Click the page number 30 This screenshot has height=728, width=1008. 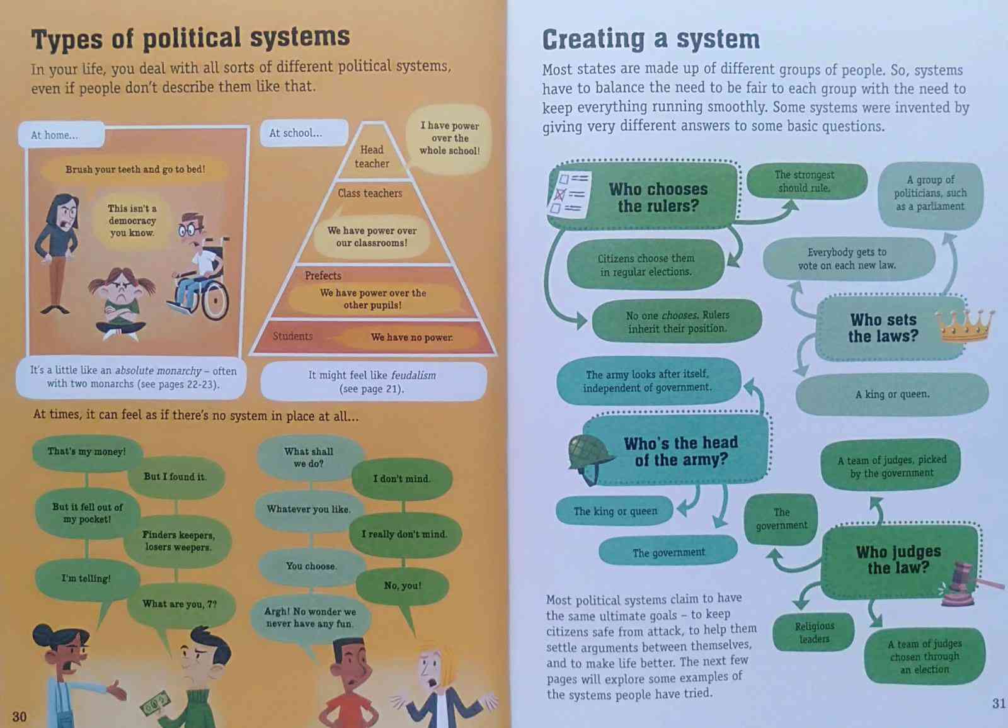[20, 716]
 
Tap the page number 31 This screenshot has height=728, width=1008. [999, 703]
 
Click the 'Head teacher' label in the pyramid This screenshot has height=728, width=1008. [371, 156]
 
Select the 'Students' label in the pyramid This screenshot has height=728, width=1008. [292, 336]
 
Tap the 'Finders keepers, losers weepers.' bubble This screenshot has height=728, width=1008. [179, 541]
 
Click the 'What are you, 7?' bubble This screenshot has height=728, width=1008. [180, 604]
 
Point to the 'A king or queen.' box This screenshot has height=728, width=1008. [892, 394]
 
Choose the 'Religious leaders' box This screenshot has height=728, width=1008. [814, 632]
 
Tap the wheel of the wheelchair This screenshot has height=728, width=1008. [215, 300]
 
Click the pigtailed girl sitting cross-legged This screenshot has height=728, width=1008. [120, 307]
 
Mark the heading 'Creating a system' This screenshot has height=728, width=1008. [651, 40]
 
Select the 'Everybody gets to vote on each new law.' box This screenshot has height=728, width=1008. [847, 258]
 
